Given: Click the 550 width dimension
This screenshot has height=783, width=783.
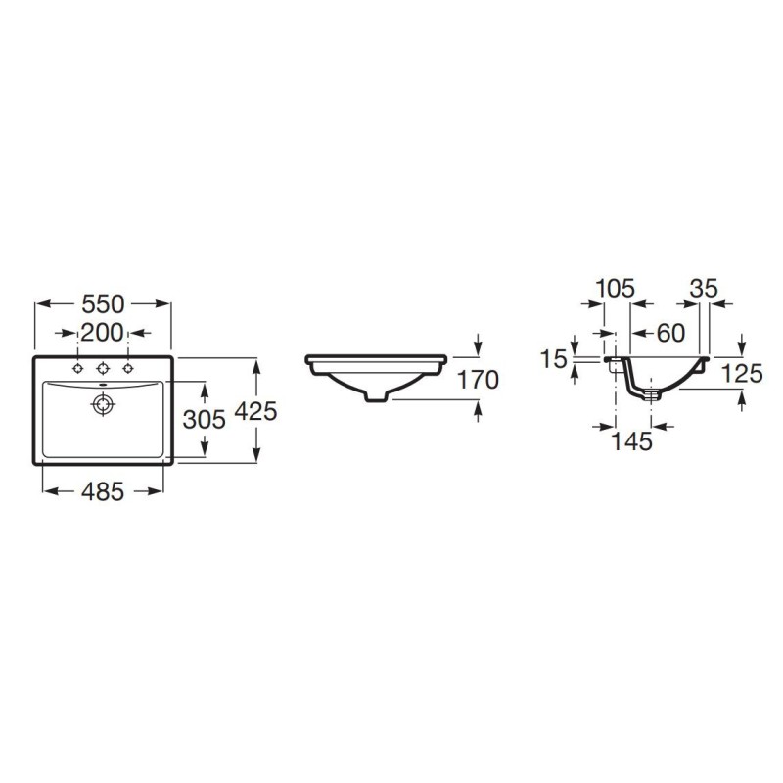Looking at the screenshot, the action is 103,303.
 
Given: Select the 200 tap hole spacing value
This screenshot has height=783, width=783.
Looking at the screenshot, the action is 102,333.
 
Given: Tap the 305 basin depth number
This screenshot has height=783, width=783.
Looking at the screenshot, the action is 205,419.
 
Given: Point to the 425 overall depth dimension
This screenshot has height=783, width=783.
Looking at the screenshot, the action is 255,411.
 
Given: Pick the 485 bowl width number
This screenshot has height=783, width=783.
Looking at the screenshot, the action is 103,492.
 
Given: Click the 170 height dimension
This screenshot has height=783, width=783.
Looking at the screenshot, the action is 478,380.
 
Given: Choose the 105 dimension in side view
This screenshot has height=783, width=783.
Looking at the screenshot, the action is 616,288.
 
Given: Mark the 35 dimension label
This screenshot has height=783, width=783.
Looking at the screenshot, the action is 704,288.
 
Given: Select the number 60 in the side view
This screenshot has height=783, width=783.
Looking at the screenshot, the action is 670,333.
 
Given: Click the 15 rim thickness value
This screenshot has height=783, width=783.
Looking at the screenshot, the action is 554,358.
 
